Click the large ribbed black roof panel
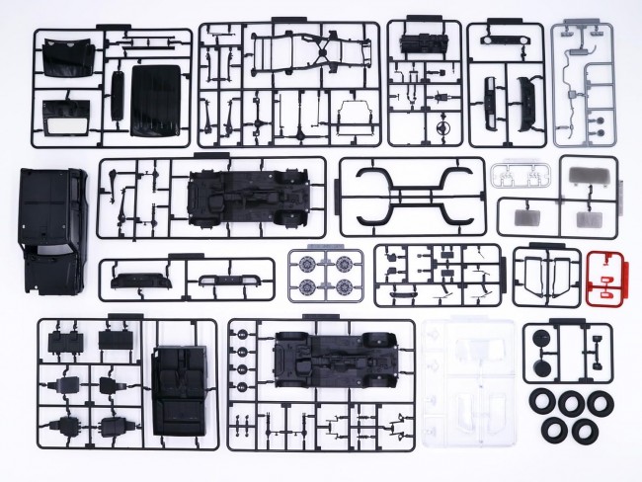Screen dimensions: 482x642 click(x=157, y=99)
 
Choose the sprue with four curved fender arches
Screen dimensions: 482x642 click(x=411, y=195)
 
